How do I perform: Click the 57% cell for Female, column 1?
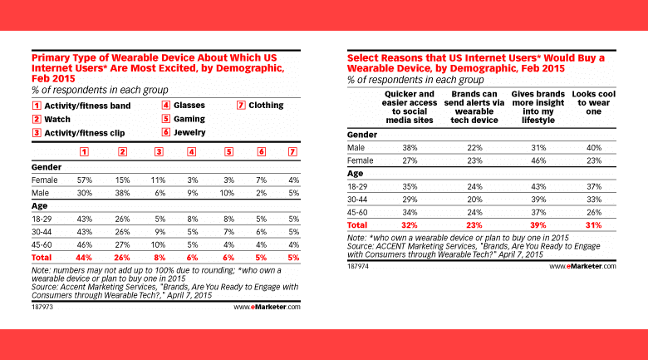click(x=83, y=180)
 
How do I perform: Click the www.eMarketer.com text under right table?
click(x=583, y=267)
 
